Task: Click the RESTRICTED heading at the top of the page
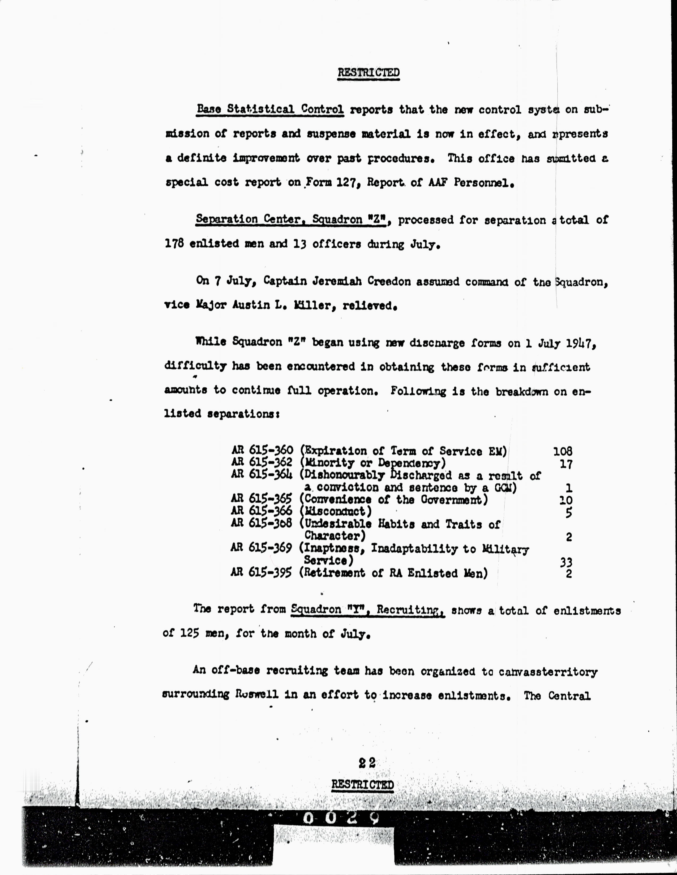click(368, 72)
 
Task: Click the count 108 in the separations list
click(562, 452)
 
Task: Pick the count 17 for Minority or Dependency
click(566, 464)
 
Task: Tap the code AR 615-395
click(261, 572)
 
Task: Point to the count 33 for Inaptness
click(566, 562)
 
